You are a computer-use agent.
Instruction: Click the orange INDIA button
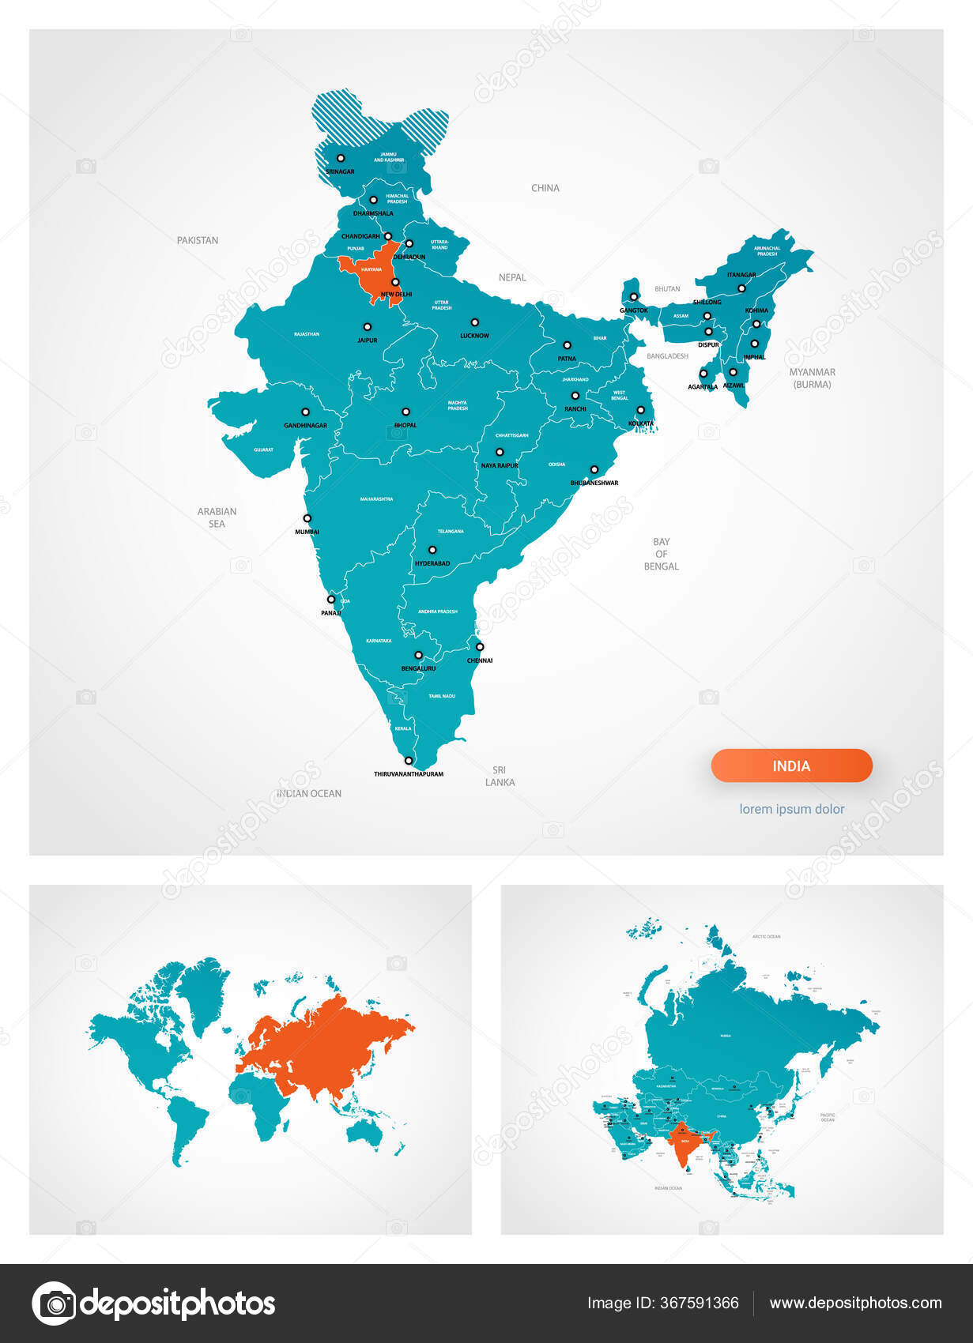tap(791, 766)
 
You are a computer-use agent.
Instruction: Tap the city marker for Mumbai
tap(307, 519)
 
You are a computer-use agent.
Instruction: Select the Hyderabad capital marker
tap(432, 550)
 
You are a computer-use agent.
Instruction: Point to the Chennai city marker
tap(480, 647)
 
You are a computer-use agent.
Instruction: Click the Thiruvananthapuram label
tap(409, 774)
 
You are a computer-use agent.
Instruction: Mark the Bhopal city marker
tap(405, 412)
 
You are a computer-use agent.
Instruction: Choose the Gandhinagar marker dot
tap(305, 412)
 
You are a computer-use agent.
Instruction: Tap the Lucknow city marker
tap(475, 322)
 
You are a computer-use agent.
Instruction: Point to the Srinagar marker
tap(341, 158)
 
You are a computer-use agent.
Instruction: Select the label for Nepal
tap(512, 277)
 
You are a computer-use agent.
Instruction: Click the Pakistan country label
tap(198, 240)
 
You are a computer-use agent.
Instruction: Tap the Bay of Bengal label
tap(662, 554)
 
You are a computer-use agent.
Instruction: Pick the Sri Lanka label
tap(500, 776)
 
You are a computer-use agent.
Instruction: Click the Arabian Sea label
tap(217, 517)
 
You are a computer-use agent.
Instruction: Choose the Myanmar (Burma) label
tap(813, 378)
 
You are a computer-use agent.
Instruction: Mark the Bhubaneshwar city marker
tap(594, 469)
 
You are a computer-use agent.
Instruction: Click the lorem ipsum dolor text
tap(792, 809)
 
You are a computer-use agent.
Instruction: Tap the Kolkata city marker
tap(641, 410)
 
